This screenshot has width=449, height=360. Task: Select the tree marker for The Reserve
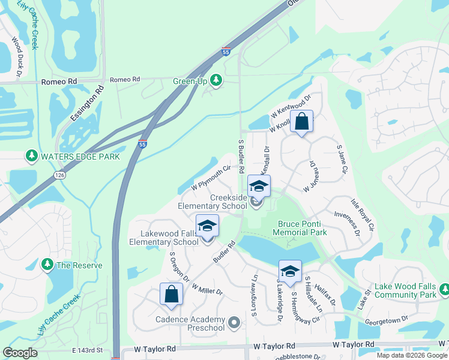47,265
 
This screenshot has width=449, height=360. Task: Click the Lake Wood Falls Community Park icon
444,290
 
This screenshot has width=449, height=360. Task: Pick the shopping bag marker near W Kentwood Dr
301,122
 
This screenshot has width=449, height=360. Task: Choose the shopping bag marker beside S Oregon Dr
171,294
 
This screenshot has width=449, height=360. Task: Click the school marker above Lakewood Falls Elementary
207,226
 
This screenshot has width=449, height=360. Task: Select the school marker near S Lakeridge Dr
290,271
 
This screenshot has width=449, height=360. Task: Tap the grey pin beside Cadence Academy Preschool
234,324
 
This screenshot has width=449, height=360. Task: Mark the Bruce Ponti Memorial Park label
302,227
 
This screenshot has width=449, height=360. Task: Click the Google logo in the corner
20,352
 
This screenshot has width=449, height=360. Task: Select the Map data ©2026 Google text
411,355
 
